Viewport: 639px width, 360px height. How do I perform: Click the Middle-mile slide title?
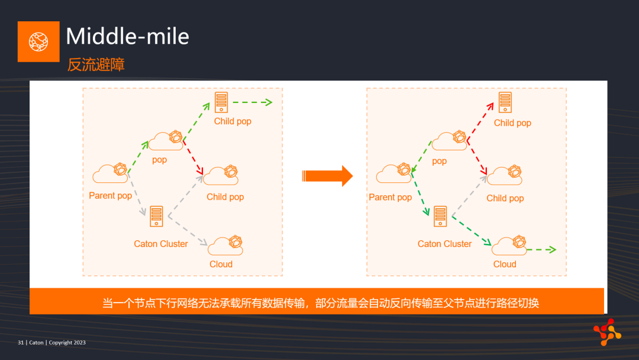pos(128,36)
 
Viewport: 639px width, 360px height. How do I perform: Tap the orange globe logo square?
pos(38,41)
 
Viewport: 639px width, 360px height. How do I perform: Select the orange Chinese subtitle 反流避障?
pos(96,65)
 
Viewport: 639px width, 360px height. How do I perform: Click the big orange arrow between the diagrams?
pos(327,176)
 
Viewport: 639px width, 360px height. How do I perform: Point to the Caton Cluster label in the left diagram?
pos(161,244)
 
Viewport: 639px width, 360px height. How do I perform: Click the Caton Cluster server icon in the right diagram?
pos(440,216)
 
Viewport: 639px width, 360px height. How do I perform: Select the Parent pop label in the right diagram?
pos(390,197)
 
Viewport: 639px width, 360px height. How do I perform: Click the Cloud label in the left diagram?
pos(221,264)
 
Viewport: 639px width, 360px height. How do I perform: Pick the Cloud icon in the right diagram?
pos(509,245)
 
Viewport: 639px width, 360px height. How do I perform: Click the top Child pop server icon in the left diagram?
pos(221,102)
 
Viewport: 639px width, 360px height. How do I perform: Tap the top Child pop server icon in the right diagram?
pos(505,102)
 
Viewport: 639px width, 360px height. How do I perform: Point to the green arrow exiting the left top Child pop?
pos(252,102)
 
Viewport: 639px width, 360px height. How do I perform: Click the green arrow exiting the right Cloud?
pos(541,249)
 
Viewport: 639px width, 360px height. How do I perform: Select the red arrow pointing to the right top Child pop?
pos(480,121)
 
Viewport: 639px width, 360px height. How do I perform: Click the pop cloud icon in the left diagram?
pos(166,140)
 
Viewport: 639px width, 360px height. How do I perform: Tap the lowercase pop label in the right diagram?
pos(439,161)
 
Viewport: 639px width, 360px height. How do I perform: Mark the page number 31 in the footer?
pos(20,342)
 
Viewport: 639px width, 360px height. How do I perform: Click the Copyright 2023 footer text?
pos(67,342)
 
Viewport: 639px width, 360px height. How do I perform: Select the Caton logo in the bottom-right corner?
pos(607,332)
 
